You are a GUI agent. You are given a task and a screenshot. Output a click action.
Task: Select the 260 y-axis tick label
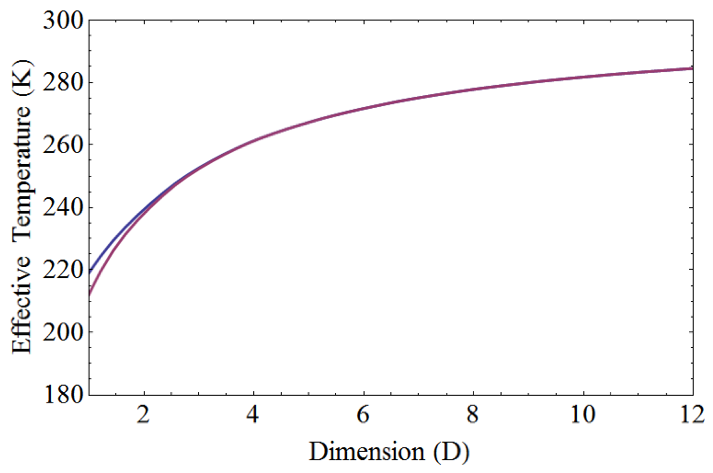coord(63,145)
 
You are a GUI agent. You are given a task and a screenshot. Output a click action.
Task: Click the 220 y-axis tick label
coord(63,269)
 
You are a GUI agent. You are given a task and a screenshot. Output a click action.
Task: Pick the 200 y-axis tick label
coord(63,332)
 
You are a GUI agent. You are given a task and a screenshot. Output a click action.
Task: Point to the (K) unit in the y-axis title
coord(22,79)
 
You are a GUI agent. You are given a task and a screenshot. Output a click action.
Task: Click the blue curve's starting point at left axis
coord(89,273)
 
